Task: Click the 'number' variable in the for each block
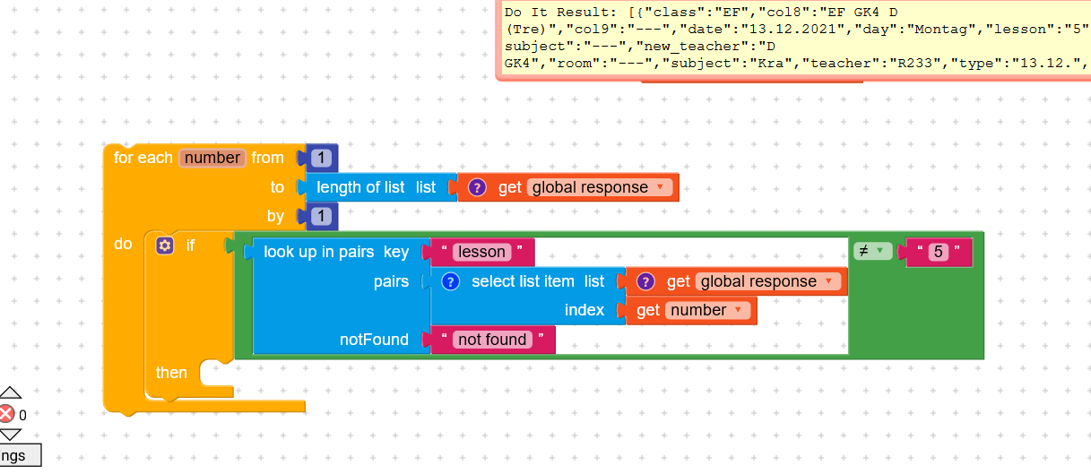[x=212, y=158]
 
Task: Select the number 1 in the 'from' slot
[x=321, y=158]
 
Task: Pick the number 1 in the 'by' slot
[x=321, y=216]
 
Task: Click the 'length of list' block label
[x=360, y=187]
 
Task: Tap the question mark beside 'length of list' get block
[x=477, y=187]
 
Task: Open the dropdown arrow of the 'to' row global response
[x=660, y=187]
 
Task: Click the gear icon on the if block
[x=165, y=246]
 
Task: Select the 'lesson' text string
[x=481, y=252]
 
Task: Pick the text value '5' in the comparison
[x=938, y=252]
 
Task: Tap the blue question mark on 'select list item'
[x=451, y=281]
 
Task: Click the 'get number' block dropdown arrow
[x=738, y=309]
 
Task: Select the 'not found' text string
[x=492, y=340]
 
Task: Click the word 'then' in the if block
[x=171, y=373]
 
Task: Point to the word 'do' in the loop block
[x=123, y=244]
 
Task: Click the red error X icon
[x=6, y=414]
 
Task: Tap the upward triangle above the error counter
[x=10, y=392]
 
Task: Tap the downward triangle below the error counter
[x=10, y=435]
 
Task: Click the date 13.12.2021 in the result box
[x=792, y=30]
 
